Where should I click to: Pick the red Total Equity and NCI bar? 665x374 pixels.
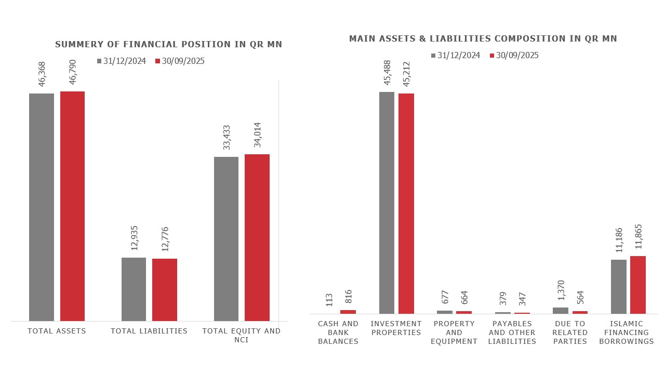click(x=257, y=237)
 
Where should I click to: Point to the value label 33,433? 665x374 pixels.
click(x=227, y=136)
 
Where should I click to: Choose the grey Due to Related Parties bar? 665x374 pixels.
click(x=561, y=311)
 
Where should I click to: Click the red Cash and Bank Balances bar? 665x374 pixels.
click(x=348, y=312)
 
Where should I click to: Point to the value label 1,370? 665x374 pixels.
click(x=561, y=290)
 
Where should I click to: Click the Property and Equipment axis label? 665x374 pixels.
click(x=454, y=332)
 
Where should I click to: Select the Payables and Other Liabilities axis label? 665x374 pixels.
click(x=512, y=332)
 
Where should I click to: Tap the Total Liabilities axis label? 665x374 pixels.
click(x=149, y=331)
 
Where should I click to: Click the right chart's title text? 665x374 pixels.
click(x=483, y=39)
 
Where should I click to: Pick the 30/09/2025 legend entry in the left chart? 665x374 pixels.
click(x=179, y=61)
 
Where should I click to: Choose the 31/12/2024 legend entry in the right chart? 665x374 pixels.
click(x=455, y=56)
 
